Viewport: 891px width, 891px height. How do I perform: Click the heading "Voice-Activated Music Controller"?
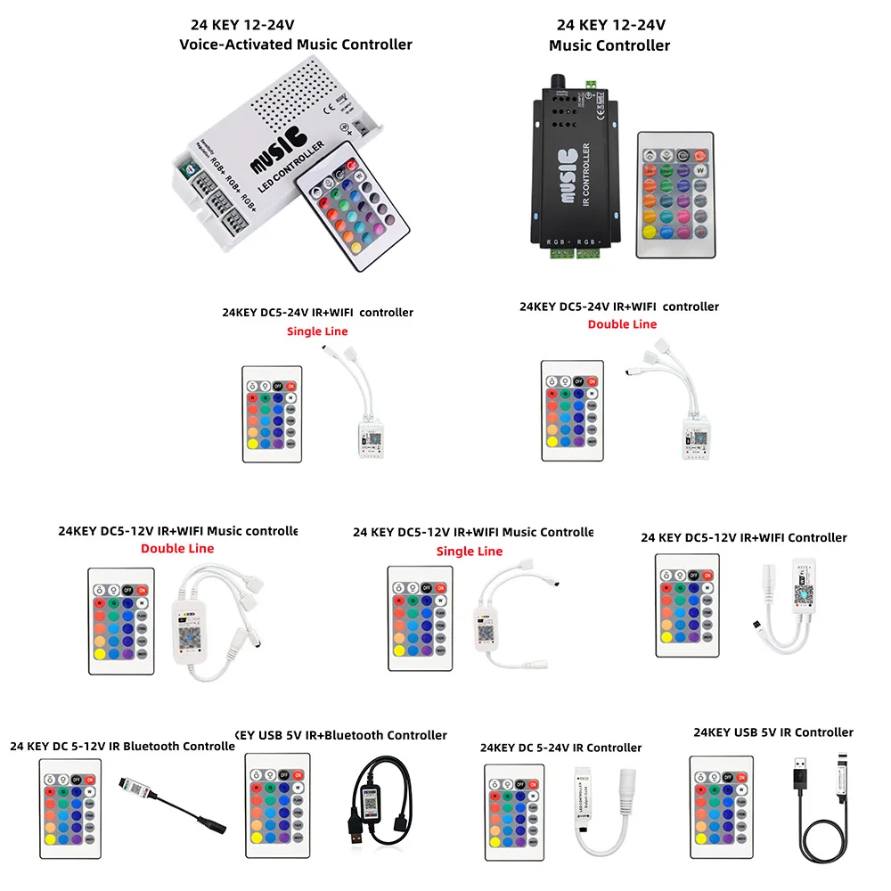296,45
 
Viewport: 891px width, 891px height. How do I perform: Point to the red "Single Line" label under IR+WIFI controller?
317,331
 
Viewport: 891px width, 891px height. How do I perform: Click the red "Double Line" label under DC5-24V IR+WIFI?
622,324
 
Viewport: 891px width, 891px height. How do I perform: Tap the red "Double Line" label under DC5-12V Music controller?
177,548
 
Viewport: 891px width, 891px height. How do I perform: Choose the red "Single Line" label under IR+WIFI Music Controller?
470,552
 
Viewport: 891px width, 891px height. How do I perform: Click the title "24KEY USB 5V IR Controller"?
773,732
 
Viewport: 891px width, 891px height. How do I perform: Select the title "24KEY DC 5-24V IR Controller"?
560,748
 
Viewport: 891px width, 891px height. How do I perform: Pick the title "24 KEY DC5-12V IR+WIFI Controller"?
744,537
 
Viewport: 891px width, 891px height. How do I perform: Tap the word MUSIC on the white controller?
278,152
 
